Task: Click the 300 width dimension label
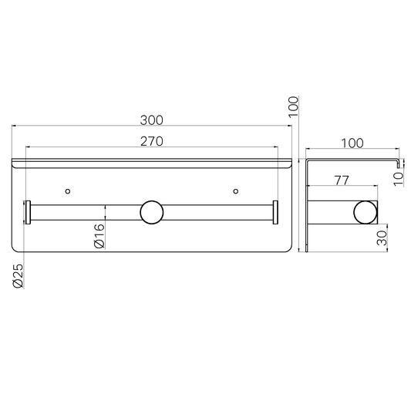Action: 151,120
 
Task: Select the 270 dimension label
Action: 151,142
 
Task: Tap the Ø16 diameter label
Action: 99,236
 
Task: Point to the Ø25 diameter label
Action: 18,276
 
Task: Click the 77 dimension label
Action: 342,180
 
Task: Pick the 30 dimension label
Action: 382,238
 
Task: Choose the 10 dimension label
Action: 399,179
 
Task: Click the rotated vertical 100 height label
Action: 293,107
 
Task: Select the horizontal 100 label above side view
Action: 352,143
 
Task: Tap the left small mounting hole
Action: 68,191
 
